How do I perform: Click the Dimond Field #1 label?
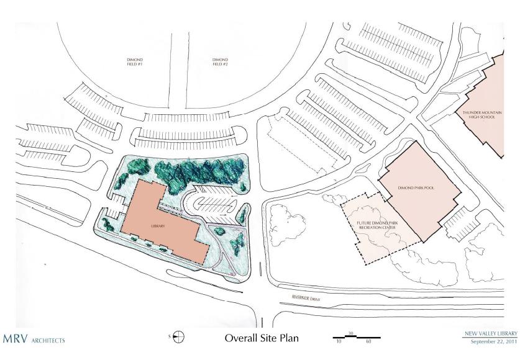(x=135, y=62)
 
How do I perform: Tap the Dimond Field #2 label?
(x=220, y=62)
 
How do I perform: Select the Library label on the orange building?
(x=158, y=226)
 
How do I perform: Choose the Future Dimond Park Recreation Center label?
(x=377, y=225)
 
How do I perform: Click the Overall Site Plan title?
(x=262, y=338)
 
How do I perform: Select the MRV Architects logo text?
(x=34, y=339)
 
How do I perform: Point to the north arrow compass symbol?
(x=178, y=337)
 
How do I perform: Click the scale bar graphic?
(x=357, y=337)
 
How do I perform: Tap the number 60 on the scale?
(x=368, y=341)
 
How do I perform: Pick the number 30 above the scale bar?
(x=351, y=333)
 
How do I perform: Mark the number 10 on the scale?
(x=339, y=341)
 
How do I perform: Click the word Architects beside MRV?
(x=48, y=341)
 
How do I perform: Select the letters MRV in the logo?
(x=16, y=339)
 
